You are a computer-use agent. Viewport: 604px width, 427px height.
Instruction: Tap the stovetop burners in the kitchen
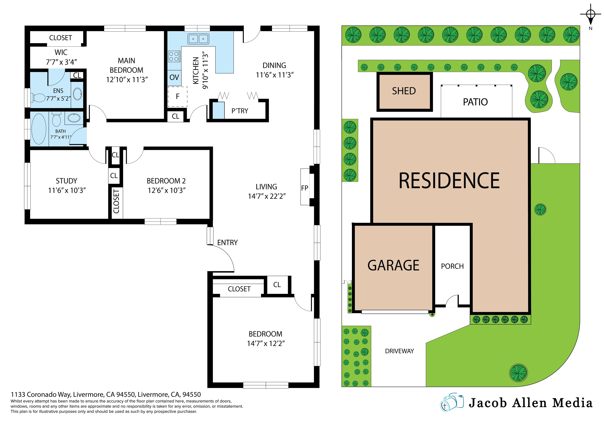tap(174, 56)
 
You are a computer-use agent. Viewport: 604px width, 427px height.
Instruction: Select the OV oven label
tap(174, 77)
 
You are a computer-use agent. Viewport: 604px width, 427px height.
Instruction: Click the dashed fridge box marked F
tap(178, 97)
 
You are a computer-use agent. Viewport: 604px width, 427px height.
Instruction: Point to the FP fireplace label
tap(305, 188)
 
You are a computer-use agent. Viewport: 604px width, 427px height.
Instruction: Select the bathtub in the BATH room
tap(39, 129)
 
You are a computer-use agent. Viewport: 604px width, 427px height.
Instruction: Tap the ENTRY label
tap(227, 243)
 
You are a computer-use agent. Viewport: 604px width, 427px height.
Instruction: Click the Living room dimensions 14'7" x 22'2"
tap(266, 196)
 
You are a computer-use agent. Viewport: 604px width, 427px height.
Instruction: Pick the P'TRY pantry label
tap(240, 111)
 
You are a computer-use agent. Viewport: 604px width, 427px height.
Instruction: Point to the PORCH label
tap(452, 266)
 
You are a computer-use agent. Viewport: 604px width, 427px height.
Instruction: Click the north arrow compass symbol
tap(591, 15)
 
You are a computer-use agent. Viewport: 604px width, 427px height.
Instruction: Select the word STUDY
tap(67, 181)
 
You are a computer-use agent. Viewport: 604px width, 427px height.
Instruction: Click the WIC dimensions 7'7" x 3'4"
tap(61, 62)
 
